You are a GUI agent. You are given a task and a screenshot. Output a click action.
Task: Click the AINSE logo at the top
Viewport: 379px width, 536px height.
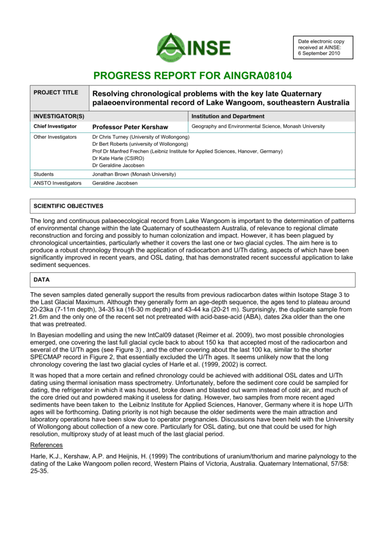tap(194, 48)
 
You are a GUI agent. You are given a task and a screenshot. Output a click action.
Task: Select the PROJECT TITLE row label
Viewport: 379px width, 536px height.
tap(56, 93)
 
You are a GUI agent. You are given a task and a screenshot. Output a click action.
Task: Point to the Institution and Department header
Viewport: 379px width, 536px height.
tap(228, 116)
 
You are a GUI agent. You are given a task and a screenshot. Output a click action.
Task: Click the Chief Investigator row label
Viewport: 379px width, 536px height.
tap(55, 127)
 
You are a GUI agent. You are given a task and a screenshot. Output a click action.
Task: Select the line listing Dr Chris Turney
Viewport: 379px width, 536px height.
tap(141, 137)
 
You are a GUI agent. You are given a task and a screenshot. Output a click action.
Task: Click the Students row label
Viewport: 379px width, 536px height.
tap(43, 174)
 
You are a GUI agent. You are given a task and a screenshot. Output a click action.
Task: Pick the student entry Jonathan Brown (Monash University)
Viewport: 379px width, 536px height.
tap(134, 174)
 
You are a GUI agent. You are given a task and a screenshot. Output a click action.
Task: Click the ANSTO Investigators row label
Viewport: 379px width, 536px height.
tap(58, 183)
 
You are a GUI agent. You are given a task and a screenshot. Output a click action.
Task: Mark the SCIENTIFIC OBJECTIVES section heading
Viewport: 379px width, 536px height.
tap(69, 206)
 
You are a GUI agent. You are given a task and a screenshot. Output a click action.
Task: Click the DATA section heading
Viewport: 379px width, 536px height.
tap(42, 280)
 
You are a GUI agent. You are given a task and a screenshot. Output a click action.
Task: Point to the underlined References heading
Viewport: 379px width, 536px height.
tap(47, 445)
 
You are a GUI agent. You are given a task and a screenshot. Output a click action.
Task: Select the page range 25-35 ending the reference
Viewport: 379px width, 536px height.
tap(40, 471)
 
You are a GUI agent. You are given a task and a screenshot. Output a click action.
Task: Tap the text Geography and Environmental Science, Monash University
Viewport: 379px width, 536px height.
tap(258, 127)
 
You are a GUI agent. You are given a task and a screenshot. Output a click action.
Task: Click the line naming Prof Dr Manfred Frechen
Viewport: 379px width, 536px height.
tap(187, 151)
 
